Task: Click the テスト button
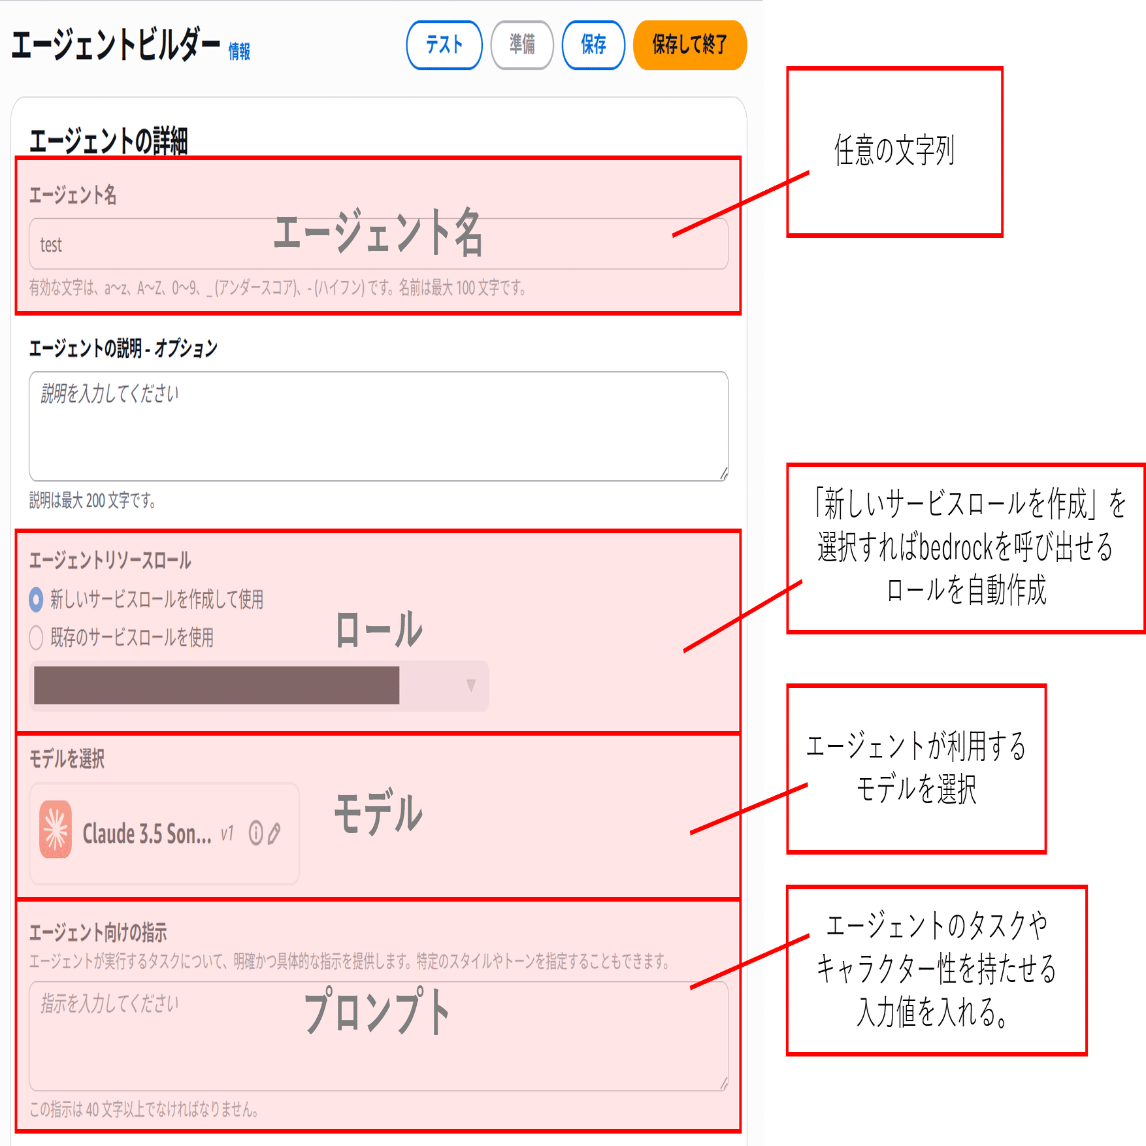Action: tap(444, 44)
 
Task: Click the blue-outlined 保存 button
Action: tap(593, 44)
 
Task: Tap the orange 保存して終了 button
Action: tap(689, 44)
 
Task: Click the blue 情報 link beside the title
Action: tap(239, 52)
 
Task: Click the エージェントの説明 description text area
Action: tap(378, 426)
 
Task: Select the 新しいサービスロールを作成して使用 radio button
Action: tap(37, 599)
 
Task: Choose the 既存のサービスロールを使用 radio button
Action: tap(37, 638)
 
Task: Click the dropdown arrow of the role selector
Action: tap(470, 685)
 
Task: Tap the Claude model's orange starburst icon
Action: tap(56, 829)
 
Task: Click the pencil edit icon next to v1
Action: tap(274, 833)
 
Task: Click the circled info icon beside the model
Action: tap(256, 833)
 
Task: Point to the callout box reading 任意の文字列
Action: tap(895, 152)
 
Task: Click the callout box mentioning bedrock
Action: tap(966, 548)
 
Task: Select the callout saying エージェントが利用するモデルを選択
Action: tap(917, 768)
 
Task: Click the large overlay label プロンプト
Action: tap(377, 1011)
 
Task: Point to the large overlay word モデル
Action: tap(378, 813)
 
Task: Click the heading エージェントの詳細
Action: tap(108, 141)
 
